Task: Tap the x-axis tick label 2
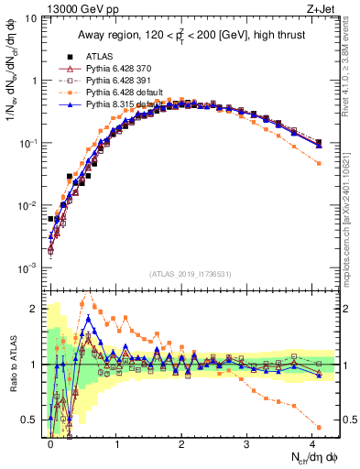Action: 180,442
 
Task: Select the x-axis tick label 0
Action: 50,442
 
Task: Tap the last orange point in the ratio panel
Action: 318,427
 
